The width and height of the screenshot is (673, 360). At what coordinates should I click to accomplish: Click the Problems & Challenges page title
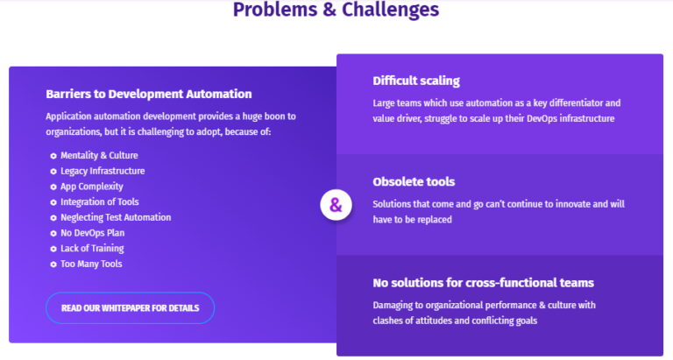pos(336,10)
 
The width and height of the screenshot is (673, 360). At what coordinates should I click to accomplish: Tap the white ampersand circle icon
pos(336,205)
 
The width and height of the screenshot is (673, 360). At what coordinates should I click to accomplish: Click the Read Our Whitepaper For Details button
pos(130,308)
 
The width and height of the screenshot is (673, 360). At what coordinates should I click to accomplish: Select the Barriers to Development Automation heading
pos(149,94)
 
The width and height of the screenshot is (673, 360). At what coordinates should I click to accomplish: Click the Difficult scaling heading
pos(416,81)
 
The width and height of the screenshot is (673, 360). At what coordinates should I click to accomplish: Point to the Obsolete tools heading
pos(414,182)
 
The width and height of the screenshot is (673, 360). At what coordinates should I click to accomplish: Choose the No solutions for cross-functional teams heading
pos(484,283)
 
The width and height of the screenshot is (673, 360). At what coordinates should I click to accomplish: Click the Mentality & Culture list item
pos(99,155)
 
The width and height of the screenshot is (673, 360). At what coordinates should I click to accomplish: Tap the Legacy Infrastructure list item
pos(103,171)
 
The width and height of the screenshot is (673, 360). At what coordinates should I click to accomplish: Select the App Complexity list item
pos(92,187)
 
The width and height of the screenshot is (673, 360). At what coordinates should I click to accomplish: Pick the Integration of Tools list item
pos(100,202)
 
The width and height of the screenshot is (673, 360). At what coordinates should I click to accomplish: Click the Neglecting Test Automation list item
pos(116,217)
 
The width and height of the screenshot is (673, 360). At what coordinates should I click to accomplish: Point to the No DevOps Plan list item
pos(93,233)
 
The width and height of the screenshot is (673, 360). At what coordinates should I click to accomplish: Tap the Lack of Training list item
pos(92,249)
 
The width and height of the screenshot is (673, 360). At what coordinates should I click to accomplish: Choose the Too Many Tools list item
pos(91,264)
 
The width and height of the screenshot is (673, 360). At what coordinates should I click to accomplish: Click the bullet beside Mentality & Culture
pos(53,156)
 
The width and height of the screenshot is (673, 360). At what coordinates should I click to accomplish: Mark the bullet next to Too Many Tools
pos(53,265)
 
